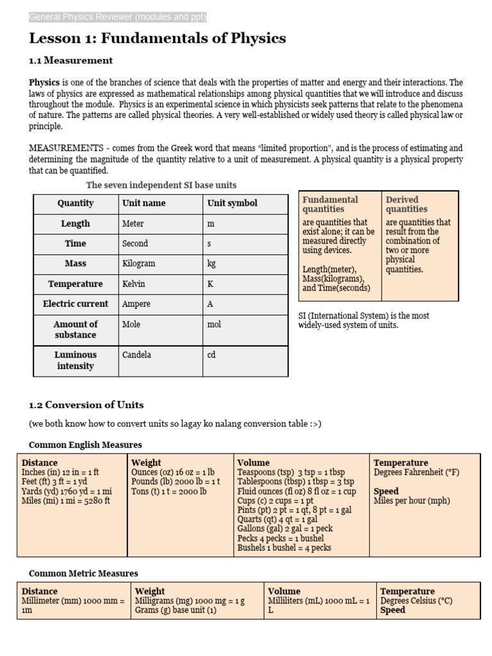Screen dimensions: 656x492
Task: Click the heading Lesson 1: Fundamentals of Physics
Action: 158,38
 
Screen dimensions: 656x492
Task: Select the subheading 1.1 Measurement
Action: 70,60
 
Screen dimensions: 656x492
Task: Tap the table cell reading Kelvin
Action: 134,284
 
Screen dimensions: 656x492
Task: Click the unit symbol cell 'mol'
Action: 214,324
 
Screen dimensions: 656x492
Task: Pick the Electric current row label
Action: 76,304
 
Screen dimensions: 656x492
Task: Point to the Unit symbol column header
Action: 233,203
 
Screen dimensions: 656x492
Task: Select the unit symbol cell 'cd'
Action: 211,354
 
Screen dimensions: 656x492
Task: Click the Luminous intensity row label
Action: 76,360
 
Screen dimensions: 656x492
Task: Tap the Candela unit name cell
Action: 136,354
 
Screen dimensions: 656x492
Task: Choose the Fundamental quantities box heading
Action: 330,204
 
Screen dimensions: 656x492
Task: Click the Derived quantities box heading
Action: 406,204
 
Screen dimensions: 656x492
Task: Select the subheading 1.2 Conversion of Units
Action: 86,405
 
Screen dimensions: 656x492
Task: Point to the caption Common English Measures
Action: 85,445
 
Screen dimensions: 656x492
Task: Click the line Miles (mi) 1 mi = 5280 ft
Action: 66,501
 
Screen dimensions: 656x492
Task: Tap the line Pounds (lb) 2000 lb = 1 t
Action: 176,482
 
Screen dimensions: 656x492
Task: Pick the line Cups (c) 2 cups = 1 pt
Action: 275,501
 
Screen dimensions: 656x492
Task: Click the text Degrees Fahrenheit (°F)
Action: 416,472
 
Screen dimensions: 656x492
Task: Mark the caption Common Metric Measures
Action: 83,573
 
